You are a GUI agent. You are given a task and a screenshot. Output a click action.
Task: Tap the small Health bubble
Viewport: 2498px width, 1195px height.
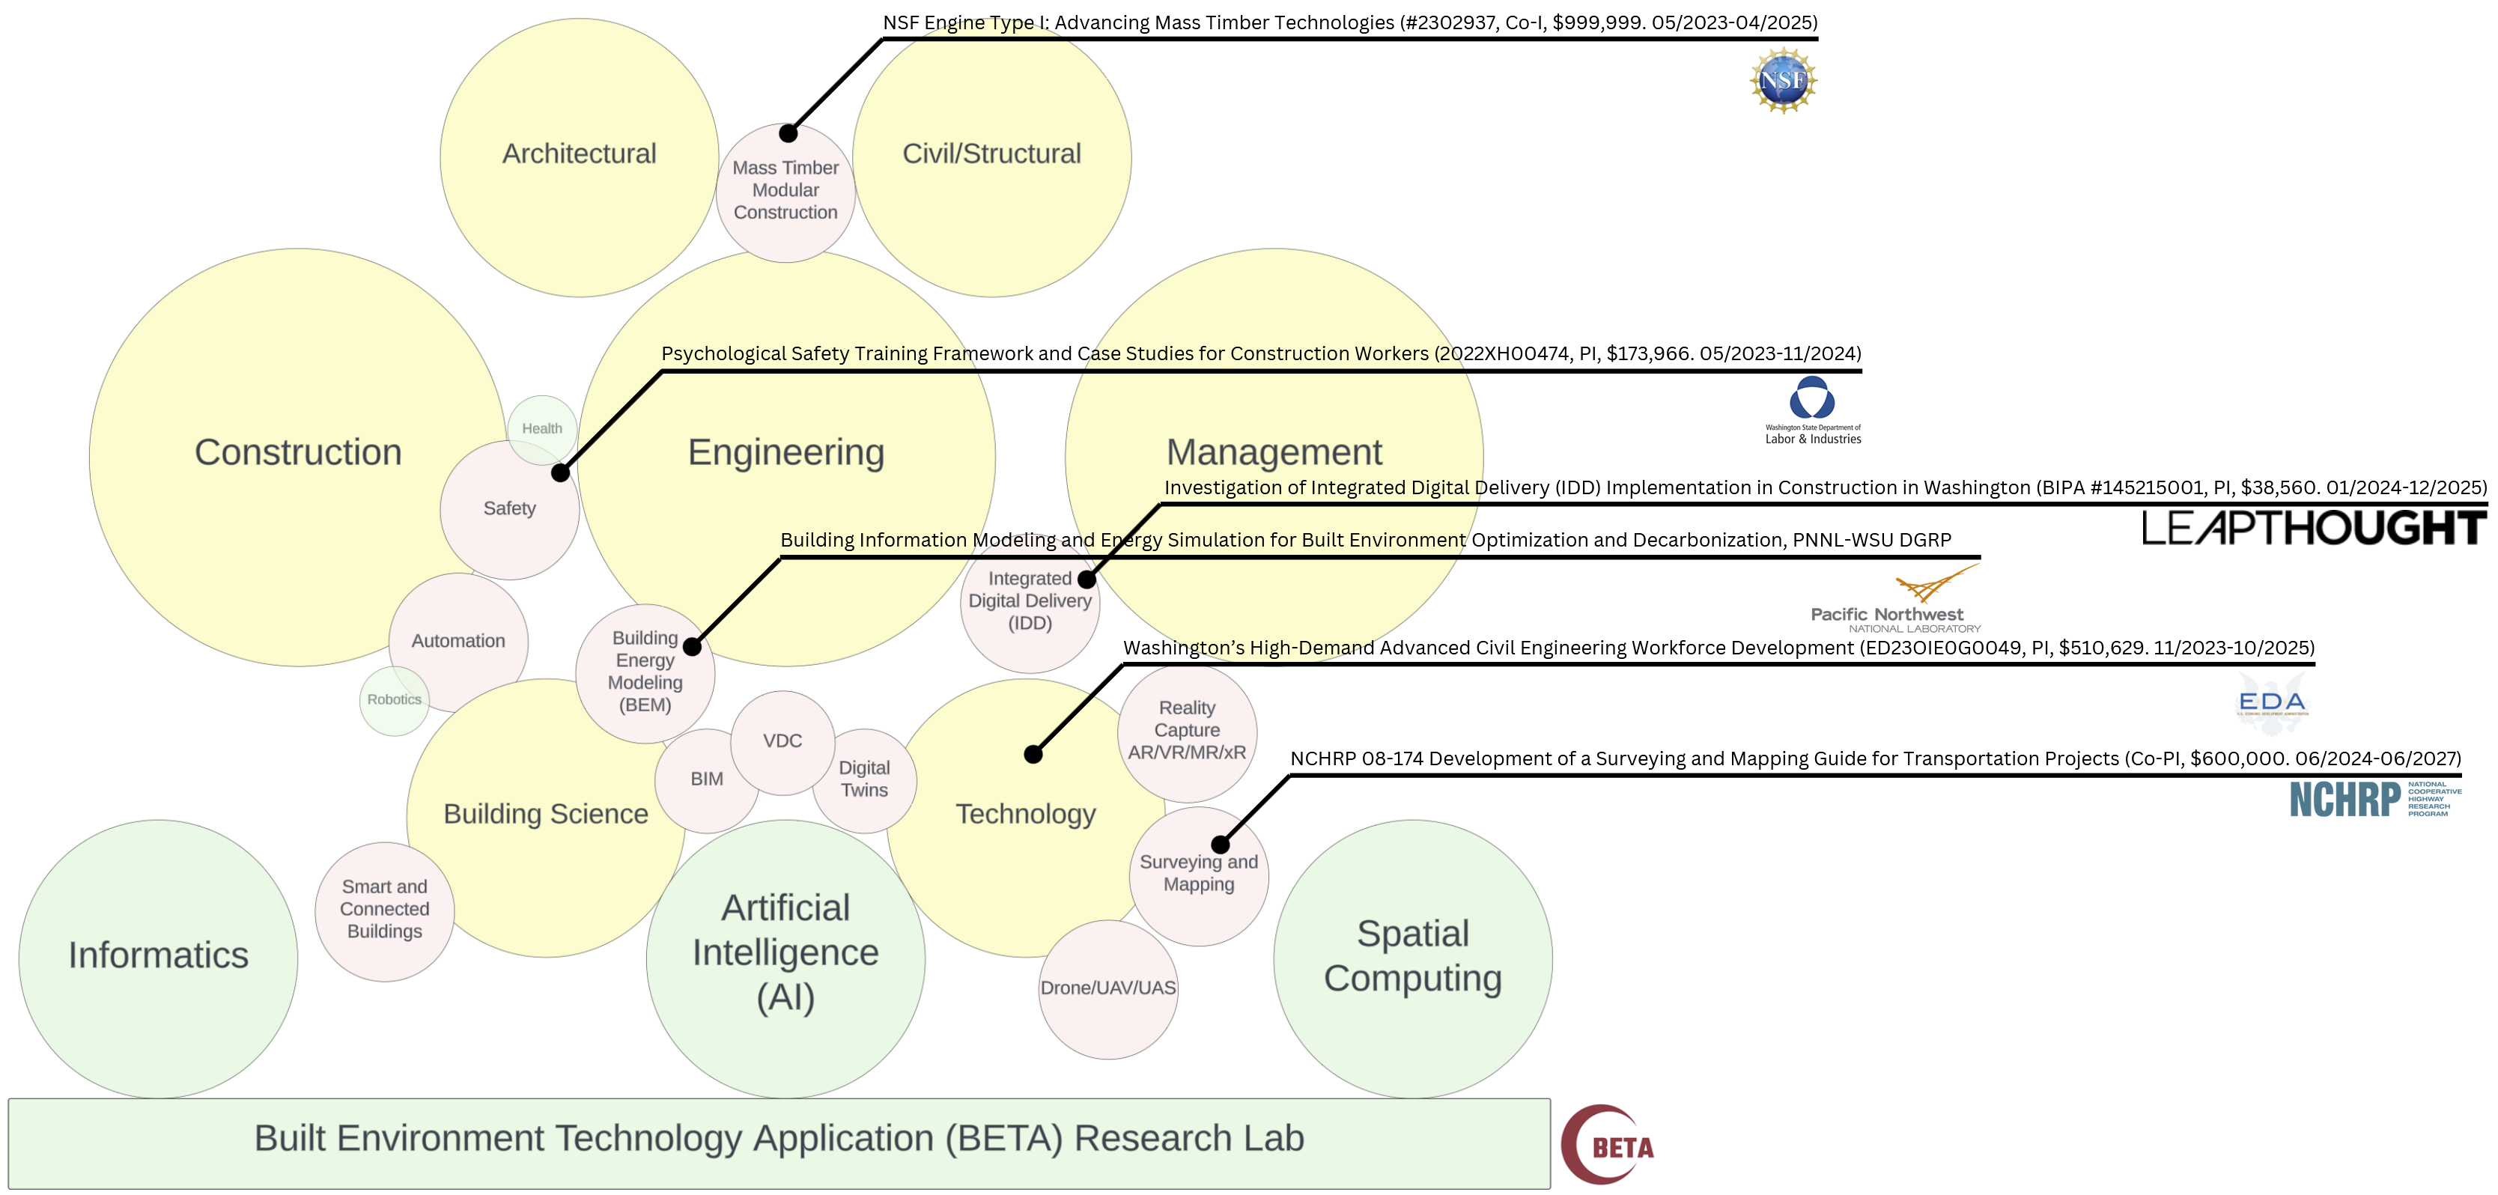point(542,429)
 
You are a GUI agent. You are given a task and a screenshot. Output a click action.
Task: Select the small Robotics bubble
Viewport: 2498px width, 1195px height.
point(394,699)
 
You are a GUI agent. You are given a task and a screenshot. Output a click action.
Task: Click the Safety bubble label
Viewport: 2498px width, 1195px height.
point(509,508)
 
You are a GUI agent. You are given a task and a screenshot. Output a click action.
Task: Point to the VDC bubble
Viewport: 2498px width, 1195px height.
point(782,741)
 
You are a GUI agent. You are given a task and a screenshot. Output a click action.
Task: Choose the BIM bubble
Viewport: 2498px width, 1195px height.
point(706,779)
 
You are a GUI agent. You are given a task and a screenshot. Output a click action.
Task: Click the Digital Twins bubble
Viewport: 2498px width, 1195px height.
point(864,779)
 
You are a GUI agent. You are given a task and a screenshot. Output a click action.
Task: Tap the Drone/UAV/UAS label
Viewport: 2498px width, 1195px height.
point(1107,988)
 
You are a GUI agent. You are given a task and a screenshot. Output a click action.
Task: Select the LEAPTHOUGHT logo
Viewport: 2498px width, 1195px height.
point(2313,529)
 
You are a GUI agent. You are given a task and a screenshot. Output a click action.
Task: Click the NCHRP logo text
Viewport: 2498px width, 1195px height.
point(2344,800)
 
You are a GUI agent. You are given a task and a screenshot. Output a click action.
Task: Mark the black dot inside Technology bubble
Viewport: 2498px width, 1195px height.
point(1034,754)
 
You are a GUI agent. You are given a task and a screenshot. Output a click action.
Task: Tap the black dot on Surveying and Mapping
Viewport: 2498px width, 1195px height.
point(1221,845)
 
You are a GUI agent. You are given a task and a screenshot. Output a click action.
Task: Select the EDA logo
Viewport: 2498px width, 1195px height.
point(2272,703)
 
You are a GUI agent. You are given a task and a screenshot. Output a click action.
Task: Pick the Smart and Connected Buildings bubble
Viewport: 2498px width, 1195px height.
point(384,910)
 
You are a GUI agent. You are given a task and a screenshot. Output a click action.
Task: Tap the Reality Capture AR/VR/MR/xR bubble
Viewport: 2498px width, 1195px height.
point(1187,730)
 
